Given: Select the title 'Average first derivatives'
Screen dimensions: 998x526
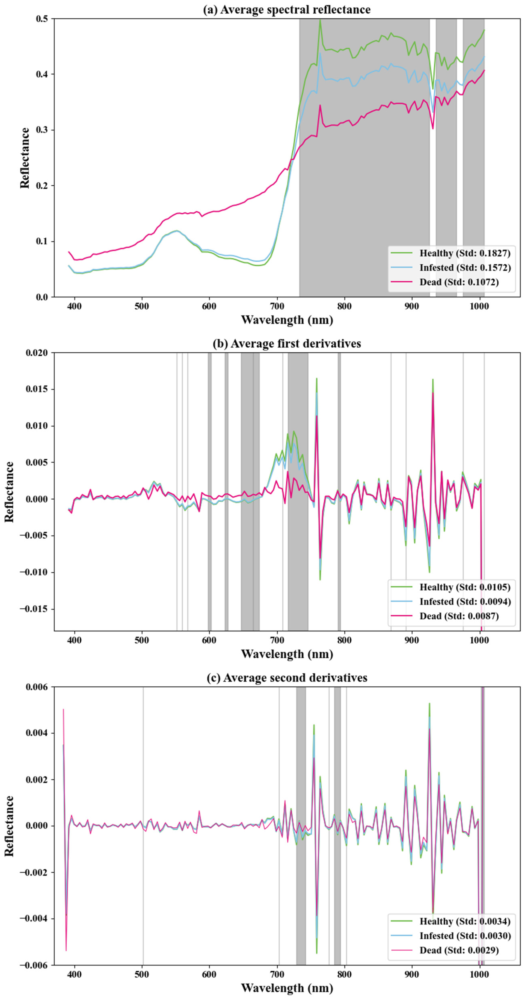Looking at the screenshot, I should [287, 344].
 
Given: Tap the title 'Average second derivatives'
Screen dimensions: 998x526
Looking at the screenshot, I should [287, 678].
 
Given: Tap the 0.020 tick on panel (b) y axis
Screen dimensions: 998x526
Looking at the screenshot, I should [37, 353].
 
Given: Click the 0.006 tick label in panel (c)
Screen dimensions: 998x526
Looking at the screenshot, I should [37, 687].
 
